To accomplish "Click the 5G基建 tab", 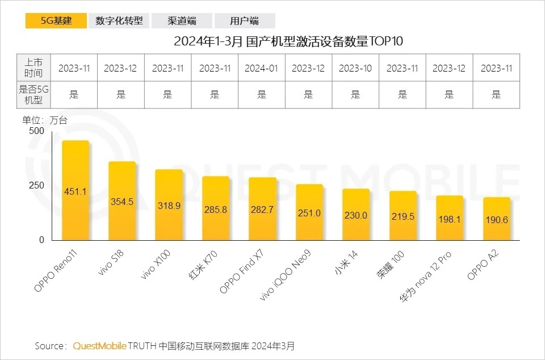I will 56,21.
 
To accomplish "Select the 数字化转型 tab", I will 119,21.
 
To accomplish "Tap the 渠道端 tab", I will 182,21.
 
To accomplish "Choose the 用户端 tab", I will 245,21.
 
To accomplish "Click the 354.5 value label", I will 121,202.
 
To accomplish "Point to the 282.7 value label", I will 262,210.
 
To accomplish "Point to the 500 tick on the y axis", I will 36,131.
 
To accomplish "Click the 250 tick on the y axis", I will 36,186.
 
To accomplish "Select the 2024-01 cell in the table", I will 261,68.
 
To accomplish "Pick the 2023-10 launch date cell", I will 355,68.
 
